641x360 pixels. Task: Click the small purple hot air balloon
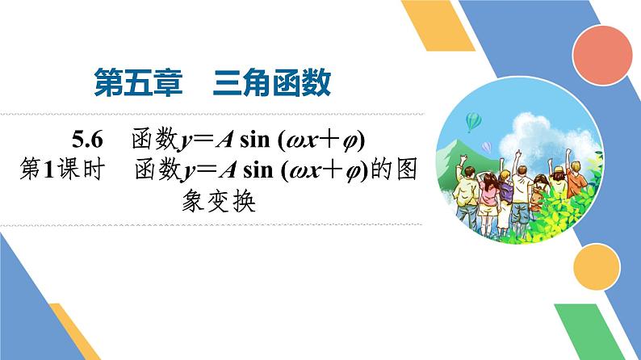(x=487, y=146)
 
